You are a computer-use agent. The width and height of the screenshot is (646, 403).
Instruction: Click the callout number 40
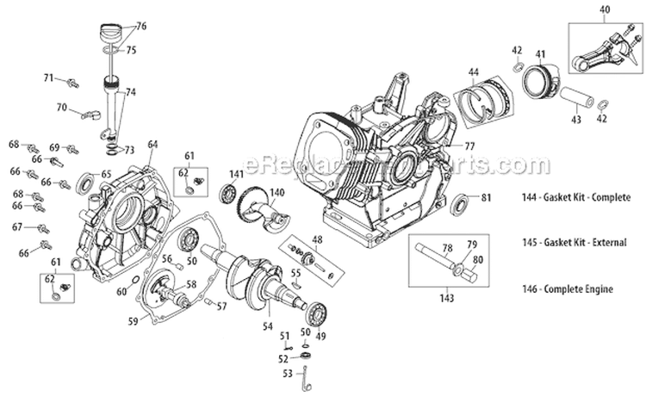[604, 10]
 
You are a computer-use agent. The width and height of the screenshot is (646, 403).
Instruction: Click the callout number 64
[152, 144]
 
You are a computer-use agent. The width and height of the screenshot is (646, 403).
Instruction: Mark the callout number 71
[50, 78]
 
